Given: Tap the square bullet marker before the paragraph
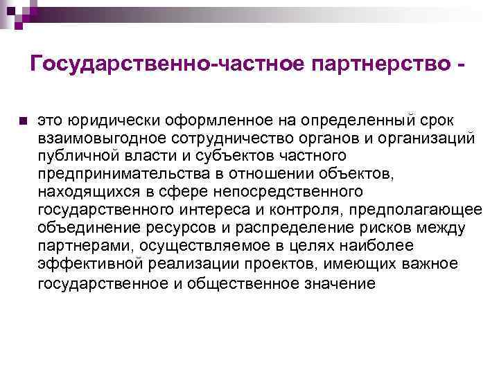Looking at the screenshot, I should click(23, 121).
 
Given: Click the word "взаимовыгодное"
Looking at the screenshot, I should click(96, 138).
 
